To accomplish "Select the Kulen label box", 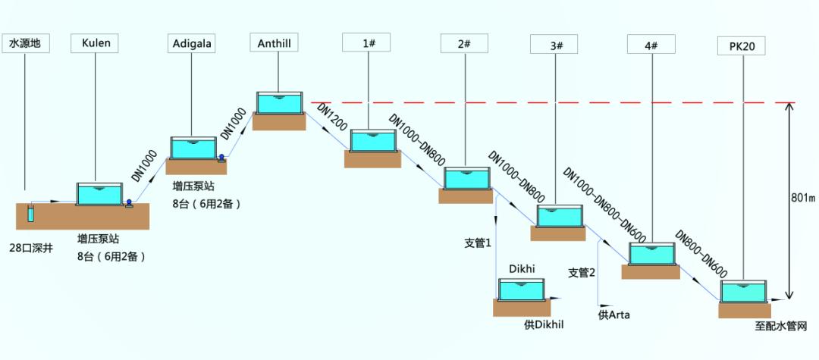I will click(95, 42).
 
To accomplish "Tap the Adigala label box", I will click(190, 43).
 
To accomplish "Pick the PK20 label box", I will click(741, 46).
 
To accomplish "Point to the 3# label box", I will click(556, 45).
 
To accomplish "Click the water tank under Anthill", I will click(279, 102).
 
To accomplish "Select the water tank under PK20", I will click(743, 292).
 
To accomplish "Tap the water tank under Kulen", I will click(99, 194).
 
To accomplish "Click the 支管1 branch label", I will click(478, 243).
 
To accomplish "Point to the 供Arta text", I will click(614, 314).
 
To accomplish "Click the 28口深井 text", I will click(32, 248).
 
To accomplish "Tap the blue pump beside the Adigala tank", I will click(221, 158).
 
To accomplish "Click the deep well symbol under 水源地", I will click(31, 213).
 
